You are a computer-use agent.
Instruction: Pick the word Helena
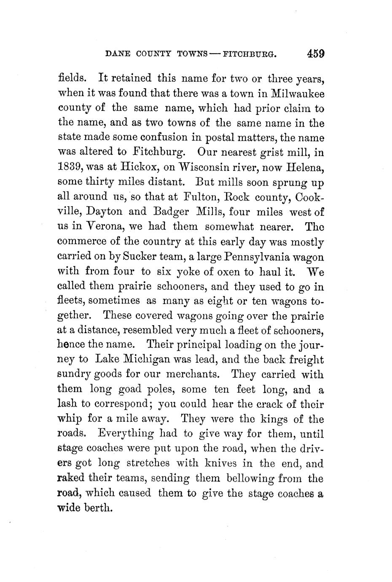(305, 167)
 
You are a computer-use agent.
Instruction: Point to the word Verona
(102, 226)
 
